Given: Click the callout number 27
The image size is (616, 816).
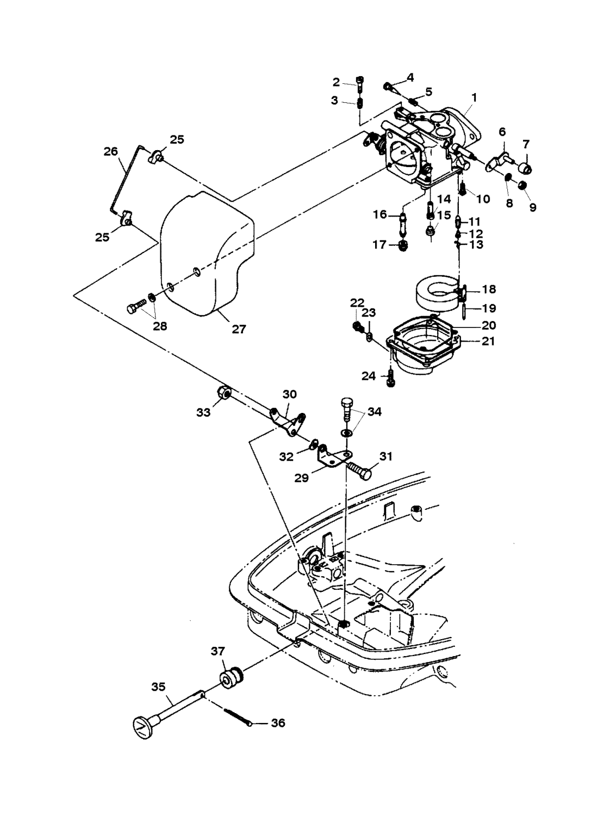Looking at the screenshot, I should click(239, 329).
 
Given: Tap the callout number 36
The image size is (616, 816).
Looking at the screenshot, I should click(277, 723).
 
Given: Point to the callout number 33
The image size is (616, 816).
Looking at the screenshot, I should click(203, 413).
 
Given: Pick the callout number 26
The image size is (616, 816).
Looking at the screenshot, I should click(111, 151).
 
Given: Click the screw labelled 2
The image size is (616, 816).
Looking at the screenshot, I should click(360, 82).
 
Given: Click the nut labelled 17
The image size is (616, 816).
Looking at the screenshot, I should click(403, 246).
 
